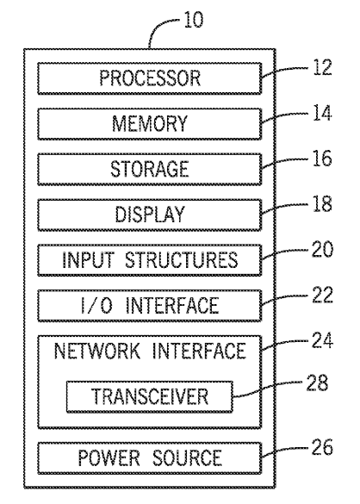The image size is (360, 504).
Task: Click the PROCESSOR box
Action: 150,78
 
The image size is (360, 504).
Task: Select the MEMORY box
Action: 150,124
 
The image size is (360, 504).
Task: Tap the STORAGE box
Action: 150,169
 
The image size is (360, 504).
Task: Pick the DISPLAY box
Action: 150,215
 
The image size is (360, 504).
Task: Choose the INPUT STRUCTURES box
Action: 150,259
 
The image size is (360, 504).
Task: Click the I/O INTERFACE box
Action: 150,305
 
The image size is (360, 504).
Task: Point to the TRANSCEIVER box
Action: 150,396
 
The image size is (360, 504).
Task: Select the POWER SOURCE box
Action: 150,457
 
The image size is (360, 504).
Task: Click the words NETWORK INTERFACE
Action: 150,351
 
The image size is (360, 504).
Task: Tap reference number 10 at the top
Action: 194,20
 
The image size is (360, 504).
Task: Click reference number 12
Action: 322,67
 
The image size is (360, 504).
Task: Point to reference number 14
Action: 322,114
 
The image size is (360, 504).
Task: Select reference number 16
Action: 322,159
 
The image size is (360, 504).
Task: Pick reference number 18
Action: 322,204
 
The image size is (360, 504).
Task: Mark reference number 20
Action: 322,250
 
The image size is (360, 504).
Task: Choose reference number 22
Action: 322,295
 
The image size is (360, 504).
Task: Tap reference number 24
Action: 322,340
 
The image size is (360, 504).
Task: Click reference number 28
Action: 317,383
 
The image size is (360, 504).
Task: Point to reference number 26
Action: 322,447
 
